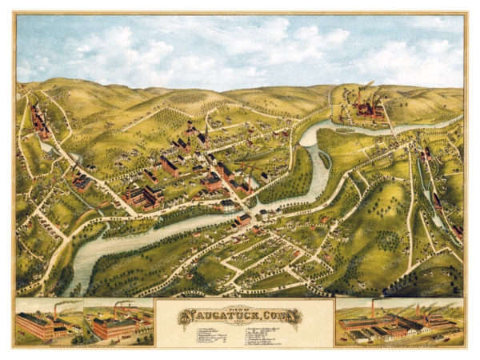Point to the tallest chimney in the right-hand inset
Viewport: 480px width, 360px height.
tap(372, 308)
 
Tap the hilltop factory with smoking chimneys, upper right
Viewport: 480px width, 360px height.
tap(367, 108)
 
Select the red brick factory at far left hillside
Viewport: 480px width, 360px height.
tap(38, 122)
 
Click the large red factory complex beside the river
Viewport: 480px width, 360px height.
tap(141, 195)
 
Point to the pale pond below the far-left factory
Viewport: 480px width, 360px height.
tap(48, 147)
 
